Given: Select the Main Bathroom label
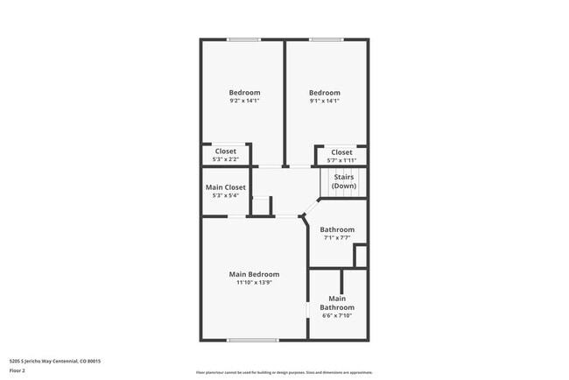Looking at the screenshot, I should [x=337, y=303].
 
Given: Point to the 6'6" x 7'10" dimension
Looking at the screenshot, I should [x=337, y=317].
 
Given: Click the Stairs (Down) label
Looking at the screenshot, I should [x=344, y=181].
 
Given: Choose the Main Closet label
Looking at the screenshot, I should [x=226, y=187].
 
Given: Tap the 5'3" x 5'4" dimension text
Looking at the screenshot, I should [x=226, y=196].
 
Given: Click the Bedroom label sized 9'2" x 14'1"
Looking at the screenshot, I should [x=244, y=93].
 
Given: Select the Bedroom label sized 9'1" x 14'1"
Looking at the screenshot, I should [x=324, y=93].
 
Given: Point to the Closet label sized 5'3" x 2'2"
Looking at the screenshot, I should [x=226, y=151].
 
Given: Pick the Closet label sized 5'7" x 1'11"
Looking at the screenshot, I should [x=341, y=152].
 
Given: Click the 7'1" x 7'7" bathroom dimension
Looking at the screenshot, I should [x=337, y=237].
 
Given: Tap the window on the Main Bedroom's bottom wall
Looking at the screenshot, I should [x=253, y=340].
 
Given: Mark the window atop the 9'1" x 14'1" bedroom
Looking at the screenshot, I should [x=326, y=39].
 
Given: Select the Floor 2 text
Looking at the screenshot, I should [x=18, y=370].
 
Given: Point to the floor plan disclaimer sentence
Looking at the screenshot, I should [x=284, y=371].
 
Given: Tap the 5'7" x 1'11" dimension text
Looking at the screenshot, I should [x=341, y=160].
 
